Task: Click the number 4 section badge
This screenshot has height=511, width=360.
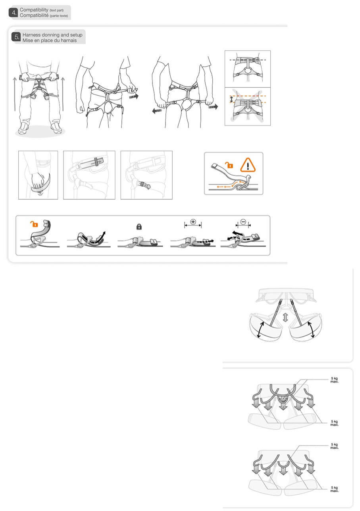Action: [13, 13]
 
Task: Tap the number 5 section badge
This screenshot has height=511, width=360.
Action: [16, 37]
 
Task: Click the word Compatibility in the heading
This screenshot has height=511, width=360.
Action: [34, 10]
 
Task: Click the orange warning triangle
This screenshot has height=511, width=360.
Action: [248, 165]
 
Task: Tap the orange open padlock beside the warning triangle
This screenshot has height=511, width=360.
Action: [229, 165]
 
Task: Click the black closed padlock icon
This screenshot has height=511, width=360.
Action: [139, 227]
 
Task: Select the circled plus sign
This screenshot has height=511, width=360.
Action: [193, 222]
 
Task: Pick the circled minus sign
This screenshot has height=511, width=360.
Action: [243, 222]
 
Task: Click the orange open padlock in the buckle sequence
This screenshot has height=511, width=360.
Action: [34, 224]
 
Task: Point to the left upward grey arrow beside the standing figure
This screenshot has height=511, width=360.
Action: [15, 94]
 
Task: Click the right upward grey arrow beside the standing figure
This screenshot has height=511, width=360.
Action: [63, 94]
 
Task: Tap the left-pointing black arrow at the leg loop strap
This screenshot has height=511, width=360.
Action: [157, 111]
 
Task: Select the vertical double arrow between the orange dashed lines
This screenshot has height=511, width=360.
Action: [231, 100]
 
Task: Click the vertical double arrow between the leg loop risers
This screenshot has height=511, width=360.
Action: [285, 318]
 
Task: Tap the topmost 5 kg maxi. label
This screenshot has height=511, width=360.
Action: [335, 380]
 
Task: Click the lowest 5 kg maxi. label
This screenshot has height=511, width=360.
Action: [335, 489]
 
